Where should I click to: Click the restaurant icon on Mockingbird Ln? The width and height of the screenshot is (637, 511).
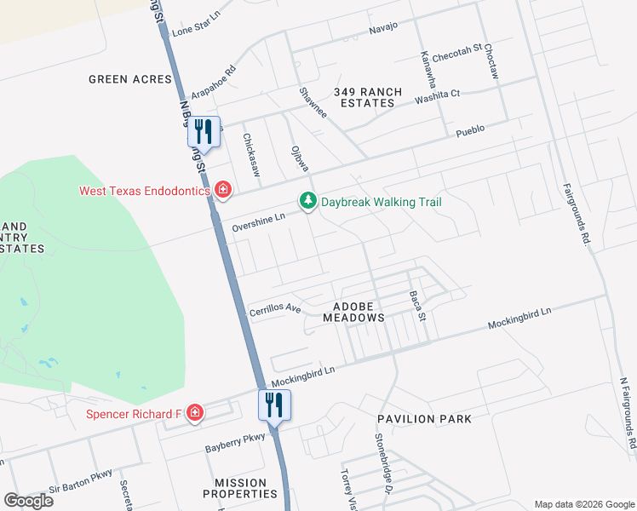pyautogui.click(x=274, y=404)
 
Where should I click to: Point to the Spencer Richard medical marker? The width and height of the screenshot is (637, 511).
pyautogui.click(x=195, y=414)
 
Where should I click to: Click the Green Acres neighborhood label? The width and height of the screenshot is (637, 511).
pyautogui.click(x=130, y=79)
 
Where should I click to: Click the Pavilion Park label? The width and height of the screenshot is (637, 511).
pyautogui.click(x=425, y=419)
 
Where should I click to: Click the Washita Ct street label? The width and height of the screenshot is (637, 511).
pyautogui.click(x=437, y=97)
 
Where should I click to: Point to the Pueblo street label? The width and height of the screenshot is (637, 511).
pyautogui.click(x=470, y=129)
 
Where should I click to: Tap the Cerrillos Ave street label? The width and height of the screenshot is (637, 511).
pyautogui.click(x=275, y=309)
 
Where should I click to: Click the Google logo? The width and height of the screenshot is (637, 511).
pyautogui.click(x=28, y=500)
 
